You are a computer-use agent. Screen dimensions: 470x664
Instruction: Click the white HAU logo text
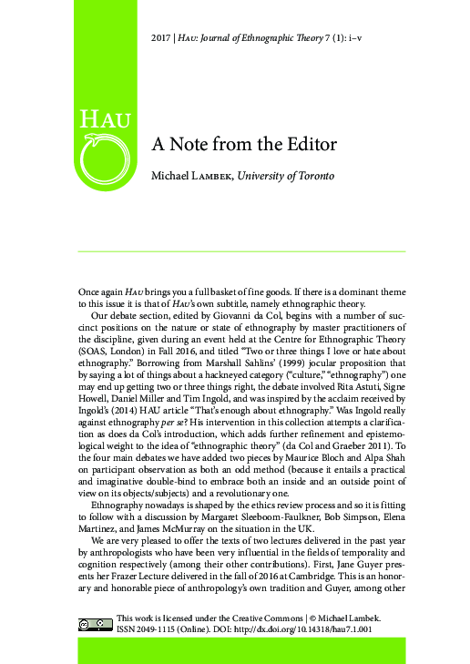(x=106, y=118)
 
